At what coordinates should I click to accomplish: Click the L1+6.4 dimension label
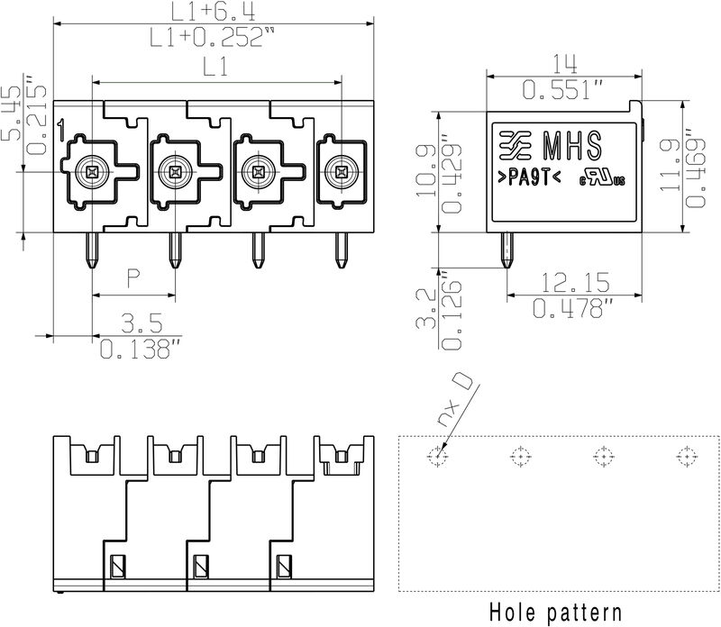coord(214,12)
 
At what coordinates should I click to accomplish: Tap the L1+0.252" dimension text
coord(214,37)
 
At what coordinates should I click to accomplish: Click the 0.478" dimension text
coord(572,309)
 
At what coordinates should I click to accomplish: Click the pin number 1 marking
coord(59,131)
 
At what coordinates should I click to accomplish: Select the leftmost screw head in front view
coord(90,170)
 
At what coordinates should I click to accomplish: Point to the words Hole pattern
coord(554,612)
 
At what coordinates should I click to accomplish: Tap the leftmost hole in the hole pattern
coord(437,456)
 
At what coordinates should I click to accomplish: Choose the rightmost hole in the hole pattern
coord(686,456)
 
